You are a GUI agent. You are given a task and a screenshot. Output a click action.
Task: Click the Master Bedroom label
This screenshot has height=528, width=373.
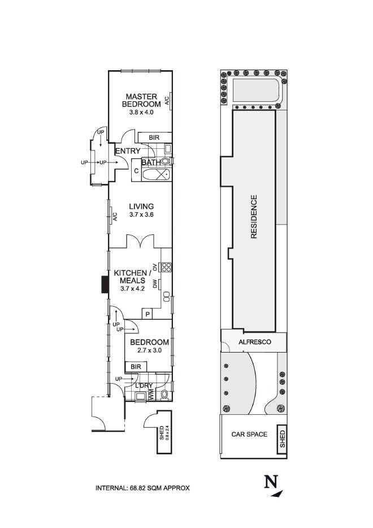[x=141, y=100]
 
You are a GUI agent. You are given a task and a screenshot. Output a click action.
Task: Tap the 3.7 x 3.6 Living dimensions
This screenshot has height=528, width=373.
[x=141, y=214]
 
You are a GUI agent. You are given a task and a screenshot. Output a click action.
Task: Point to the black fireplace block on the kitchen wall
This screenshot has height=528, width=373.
[x=105, y=285]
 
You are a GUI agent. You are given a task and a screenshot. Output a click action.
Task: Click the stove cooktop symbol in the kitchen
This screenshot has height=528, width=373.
[x=166, y=267]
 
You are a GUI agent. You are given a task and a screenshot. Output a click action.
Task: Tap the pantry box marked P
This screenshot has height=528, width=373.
[x=147, y=314]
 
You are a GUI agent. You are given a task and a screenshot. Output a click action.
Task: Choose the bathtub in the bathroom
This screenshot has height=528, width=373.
[x=157, y=174]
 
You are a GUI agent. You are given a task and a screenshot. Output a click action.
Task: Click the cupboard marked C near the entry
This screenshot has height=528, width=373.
[x=136, y=171]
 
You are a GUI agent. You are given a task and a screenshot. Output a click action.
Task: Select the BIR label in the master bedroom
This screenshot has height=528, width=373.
[x=154, y=138]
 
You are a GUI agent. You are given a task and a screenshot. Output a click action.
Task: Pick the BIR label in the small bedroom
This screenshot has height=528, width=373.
[x=136, y=367]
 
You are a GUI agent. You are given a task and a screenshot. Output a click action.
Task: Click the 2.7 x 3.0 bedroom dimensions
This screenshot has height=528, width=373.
[x=149, y=350]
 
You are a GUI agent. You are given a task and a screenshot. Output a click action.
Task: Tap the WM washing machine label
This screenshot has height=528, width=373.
[x=151, y=394]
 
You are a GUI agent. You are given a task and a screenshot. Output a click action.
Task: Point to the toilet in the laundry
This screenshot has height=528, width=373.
[x=164, y=394]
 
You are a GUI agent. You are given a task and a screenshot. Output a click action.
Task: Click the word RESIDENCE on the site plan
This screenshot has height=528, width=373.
[x=254, y=217]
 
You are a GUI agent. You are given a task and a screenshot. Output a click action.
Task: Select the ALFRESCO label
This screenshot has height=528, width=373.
[x=255, y=342]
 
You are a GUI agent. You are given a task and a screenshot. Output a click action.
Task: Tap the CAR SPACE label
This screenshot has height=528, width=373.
[x=249, y=435]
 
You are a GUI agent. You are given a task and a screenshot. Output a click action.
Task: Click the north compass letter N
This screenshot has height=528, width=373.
[x=271, y=482]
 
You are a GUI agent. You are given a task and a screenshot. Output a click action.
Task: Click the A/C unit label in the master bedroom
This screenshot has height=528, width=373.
[x=167, y=101]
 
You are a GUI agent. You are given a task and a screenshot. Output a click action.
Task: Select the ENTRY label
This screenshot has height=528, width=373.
[x=128, y=151]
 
